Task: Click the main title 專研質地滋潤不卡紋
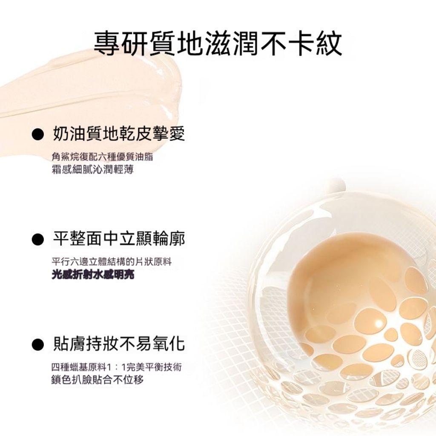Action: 218,44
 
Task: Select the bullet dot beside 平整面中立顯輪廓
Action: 38,239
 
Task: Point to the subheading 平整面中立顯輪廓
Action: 119,239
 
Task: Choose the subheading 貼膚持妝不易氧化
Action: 119,344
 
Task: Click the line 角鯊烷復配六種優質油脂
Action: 102,157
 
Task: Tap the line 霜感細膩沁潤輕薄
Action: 92,169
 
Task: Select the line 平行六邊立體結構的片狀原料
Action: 112,262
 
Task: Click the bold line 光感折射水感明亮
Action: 93,275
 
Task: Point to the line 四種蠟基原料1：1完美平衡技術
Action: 117,367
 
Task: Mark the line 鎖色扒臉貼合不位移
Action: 98,379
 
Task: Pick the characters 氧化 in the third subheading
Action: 169,344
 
